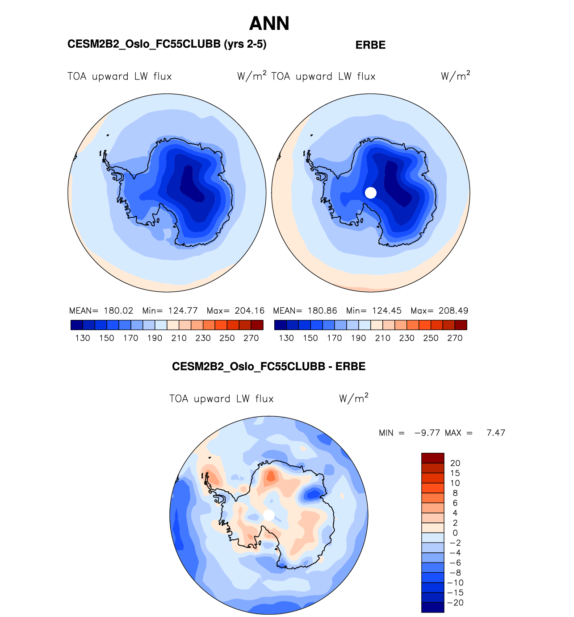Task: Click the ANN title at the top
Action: click(269, 24)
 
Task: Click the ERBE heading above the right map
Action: click(370, 45)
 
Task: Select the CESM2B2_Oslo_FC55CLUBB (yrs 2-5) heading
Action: click(167, 44)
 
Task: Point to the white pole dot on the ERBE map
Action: click(371, 193)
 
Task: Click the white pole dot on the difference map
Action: click(269, 515)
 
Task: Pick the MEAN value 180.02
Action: click(118, 311)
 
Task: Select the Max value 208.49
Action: click(453, 311)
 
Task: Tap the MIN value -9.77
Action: click(427, 433)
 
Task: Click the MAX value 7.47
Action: click(496, 433)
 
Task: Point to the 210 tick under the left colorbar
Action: click(179, 338)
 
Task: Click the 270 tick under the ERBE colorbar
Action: click(455, 338)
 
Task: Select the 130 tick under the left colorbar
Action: click(83, 338)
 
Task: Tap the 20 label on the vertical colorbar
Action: click(455, 463)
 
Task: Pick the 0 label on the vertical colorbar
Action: click(455, 533)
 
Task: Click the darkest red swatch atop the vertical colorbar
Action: click(432, 458)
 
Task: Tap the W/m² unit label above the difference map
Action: click(354, 398)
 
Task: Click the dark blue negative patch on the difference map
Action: click(314, 493)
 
